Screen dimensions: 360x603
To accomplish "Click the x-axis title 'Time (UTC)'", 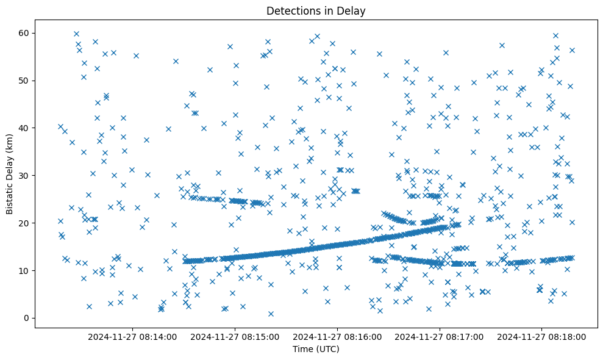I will point(316,349).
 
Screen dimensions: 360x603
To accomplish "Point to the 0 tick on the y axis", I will point(26,318).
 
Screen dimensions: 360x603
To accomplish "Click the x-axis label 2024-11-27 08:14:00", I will point(132,336).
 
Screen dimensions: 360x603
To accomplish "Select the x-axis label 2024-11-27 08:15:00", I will point(235,336).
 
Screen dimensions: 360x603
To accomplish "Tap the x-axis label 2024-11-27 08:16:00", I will point(337,336).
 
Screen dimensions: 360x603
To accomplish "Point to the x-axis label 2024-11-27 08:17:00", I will point(440,336).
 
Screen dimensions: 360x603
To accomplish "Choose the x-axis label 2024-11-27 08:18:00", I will point(542,336).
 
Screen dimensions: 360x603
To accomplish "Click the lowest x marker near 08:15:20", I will point(271,314).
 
